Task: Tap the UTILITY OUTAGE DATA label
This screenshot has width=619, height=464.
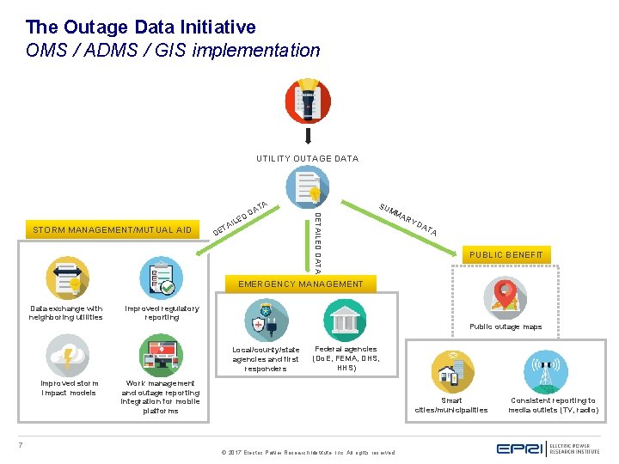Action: (x=307, y=158)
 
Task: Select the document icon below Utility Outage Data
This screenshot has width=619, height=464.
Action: (x=307, y=186)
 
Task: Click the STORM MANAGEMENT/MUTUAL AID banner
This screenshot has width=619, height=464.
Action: (x=113, y=230)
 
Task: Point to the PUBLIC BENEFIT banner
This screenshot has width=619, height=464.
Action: (x=506, y=254)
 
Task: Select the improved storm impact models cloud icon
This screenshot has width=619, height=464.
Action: (x=67, y=355)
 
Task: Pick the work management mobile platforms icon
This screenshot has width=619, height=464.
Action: (x=161, y=355)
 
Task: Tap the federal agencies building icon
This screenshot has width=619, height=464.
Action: (x=346, y=320)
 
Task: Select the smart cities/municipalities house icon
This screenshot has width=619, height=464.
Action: (x=452, y=372)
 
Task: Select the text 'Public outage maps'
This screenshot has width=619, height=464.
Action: (x=506, y=327)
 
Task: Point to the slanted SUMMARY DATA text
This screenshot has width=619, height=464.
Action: (x=408, y=220)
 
